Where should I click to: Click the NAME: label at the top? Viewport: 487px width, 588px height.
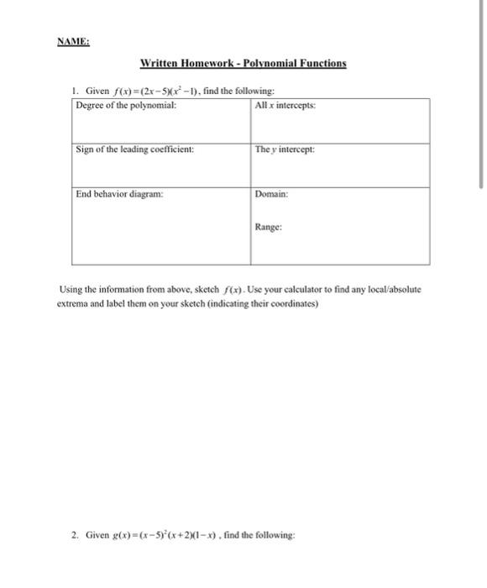pyautogui.click(x=73, y=40)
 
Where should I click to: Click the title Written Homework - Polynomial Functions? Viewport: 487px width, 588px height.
pyautogui.click(x=243, y=64)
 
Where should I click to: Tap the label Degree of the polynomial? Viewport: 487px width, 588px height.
pyautogui.click(x=126, y=105)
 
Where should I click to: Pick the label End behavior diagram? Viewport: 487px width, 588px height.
pyautogui.click(x=119, y=193)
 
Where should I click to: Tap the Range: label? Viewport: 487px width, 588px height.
pyautogui.click(x=269, y=227)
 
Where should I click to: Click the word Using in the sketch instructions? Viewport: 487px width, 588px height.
pyautogui.click(x=71, y=290)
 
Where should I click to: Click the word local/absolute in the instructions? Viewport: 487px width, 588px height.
pyautogui.click(x=394, y=290)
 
